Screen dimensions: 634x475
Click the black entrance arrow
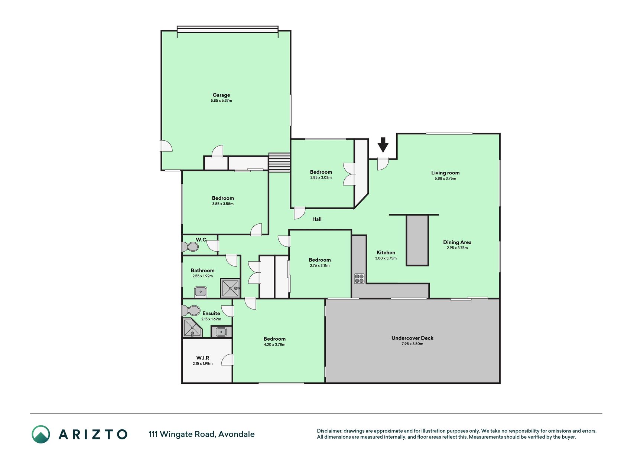pos(383,145)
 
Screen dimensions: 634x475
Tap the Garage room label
pos(221,95)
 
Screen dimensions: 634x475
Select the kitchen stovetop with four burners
pos(359,278)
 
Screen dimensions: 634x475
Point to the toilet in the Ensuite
pos(191,310)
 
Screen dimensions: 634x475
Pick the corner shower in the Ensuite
pos(192,328)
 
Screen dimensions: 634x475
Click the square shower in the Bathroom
pos(230,288)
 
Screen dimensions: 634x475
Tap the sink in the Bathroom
pos(201,292)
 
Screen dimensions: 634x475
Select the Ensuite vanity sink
pos(221,332)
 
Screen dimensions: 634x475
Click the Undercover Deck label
pos(412,338)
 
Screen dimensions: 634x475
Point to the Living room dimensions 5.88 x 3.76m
pos(445,178)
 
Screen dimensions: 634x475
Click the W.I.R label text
pos(203,358)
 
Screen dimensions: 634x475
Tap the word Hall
pos(317,219)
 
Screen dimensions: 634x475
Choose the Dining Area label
pos(457,242)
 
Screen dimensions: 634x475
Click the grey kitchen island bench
pos(417,240)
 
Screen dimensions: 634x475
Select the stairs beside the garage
pos(279,163)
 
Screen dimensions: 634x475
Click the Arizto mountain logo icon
pos(41,434)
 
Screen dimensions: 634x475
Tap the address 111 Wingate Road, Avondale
pos(202,434)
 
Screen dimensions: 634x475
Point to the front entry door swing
pos(383,164)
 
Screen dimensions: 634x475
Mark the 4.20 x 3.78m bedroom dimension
pos(274,345)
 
